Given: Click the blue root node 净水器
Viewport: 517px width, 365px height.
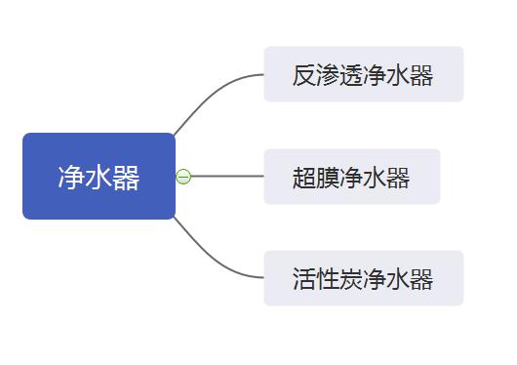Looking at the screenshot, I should point(99,176).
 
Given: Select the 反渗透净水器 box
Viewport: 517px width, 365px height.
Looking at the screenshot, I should point(363,74).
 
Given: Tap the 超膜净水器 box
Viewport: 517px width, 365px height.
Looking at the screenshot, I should point(351,177).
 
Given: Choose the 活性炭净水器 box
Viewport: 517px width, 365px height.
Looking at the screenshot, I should point(363,278).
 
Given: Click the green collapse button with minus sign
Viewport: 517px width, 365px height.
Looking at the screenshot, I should point(183,177).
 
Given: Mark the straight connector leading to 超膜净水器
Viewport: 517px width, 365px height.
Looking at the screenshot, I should point(229,177).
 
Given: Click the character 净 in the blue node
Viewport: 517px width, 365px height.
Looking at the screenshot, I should point(70,178).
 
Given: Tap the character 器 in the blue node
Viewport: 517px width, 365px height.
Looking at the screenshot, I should point(127,178).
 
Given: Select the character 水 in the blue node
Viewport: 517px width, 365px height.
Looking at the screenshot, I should point(99,178).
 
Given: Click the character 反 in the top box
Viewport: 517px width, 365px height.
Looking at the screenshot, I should point(304,75).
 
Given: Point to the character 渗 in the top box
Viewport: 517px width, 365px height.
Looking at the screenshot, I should point(328,75).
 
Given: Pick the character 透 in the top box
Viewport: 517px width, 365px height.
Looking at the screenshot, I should point(351,75).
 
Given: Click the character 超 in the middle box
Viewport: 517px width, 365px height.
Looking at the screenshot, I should point(304,178).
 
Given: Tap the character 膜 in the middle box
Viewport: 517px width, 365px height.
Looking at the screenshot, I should point(328,178).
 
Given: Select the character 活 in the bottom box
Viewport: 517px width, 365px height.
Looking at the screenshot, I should point(304,279).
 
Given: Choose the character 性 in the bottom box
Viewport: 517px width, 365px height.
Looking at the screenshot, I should point(328,279).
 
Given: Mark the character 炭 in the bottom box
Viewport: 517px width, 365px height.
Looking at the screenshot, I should point(351,279).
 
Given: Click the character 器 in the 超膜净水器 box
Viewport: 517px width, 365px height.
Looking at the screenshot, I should point(398,178).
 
